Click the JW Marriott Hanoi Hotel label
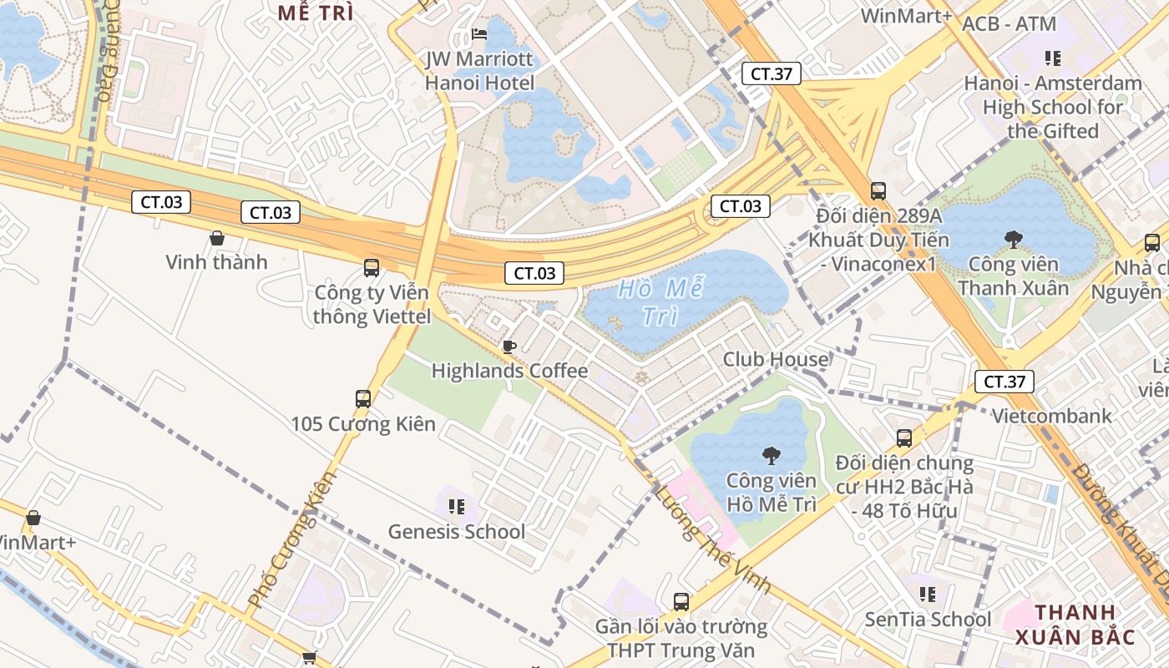coord(479,71)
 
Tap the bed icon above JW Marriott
coord(479,34)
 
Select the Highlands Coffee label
coord(509,371)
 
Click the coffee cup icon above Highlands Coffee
coord(509,347)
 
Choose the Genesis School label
coord(457,532)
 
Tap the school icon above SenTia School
coord(927,594)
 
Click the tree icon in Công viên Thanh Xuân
coord(1014,240)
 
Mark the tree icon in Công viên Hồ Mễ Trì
coord(771,455)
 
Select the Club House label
coord(776,360)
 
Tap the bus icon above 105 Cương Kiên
coord(363,398)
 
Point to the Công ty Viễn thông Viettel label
coord(372,305)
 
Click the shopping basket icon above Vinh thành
coord(216,238)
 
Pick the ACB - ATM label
coord(1009,24)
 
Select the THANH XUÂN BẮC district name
coord(1074,625)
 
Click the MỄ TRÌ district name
coord(316,13)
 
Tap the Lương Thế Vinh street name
coord(713,539)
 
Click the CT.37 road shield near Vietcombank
coord(1004,382)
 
